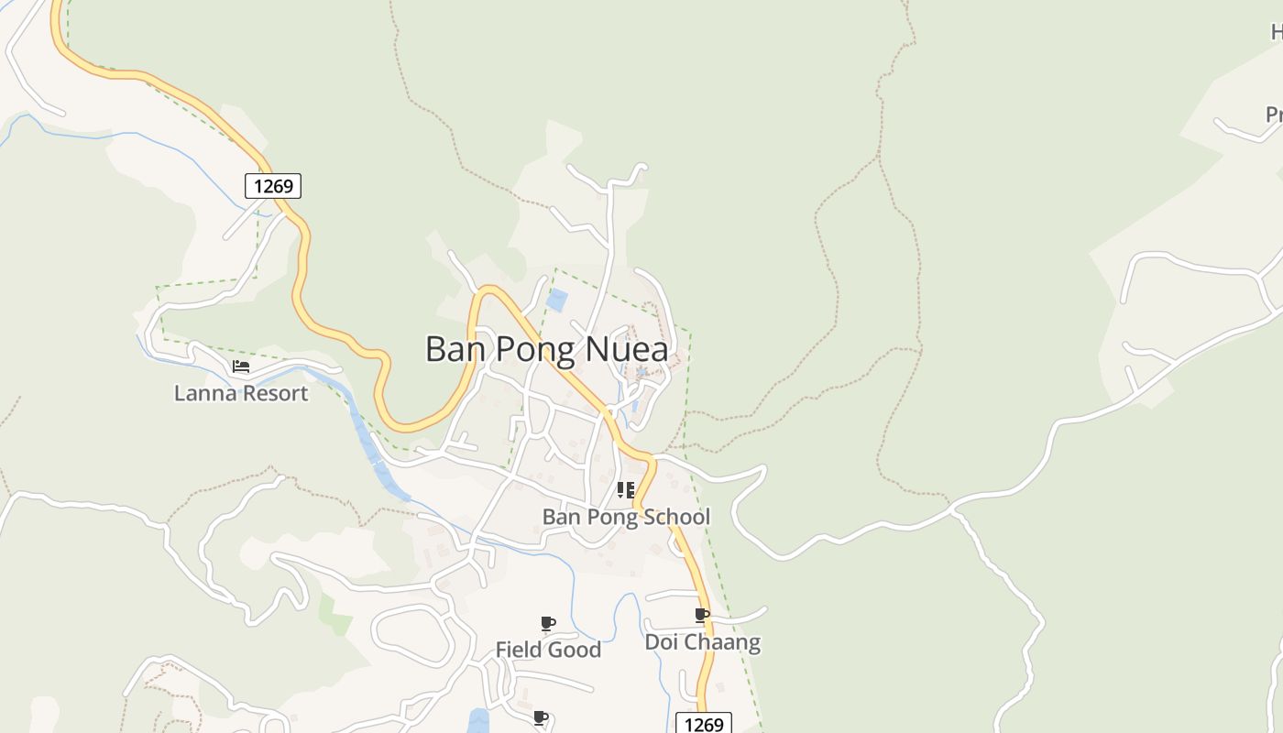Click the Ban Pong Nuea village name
[546, 349]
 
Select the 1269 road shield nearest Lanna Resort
[273, 186]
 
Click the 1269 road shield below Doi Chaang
[704, 724]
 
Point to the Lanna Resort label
[241, 394]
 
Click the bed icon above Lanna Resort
[241, 366]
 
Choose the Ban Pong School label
[626, 517]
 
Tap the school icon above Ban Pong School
[626, 490]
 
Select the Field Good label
[548, 650]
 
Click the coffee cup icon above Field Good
[547, 624]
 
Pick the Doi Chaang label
[702, 642]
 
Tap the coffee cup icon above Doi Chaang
[701, 615]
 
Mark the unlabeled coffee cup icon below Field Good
[540, 717]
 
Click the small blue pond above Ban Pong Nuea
[556, 300]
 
